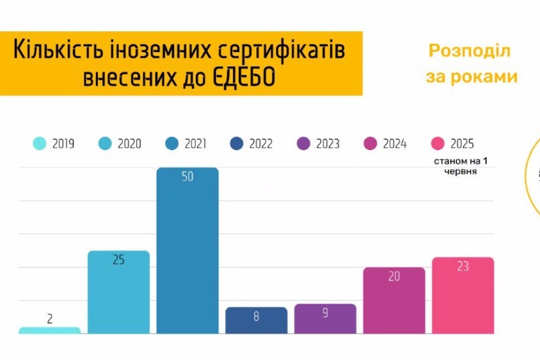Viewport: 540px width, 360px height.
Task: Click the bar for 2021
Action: pyautogui.click(x=187, y=252)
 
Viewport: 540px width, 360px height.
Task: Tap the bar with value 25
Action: pyautogui.click(x=118, y=294)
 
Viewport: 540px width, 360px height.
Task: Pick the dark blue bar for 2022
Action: pyautogui.click(x=256, y=321)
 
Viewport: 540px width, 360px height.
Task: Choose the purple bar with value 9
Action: pyautogui.click(x=325, y=319)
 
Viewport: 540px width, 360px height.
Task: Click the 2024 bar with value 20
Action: pyautogui.click(x=394, y=301)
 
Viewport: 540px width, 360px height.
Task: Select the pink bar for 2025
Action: pyautogui.click(x=463, y=296)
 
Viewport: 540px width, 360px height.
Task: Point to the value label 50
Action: pyautogui.click(x=187, y=177)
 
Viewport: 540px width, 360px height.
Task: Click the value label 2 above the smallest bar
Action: pyautogui.click(x=50, y=319)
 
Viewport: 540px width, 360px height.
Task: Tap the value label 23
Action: pyautogui.click(x=463, y=266)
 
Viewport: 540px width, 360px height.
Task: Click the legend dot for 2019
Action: pyautogui.click(x=40, y=144)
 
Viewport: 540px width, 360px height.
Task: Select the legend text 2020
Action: pyautogui.click(x=130, y=144)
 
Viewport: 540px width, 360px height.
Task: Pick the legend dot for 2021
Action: pyautogui.click(x=172, y=144)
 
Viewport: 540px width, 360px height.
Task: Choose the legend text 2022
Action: pyautogui.click(x=261, y=144)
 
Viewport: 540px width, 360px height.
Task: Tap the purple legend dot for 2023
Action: pyautogui.click(x=304, y=144)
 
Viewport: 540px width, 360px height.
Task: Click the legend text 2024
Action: pyautogui.click(x=394, y=144)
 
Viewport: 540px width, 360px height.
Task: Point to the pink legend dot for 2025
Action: pyautogui.click(x=438, y=144)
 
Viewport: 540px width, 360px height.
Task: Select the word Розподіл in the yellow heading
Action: pyautogui.click(x=469, y=51)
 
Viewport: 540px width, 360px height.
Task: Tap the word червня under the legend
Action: pyautogui.click(x=461, y=172)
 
